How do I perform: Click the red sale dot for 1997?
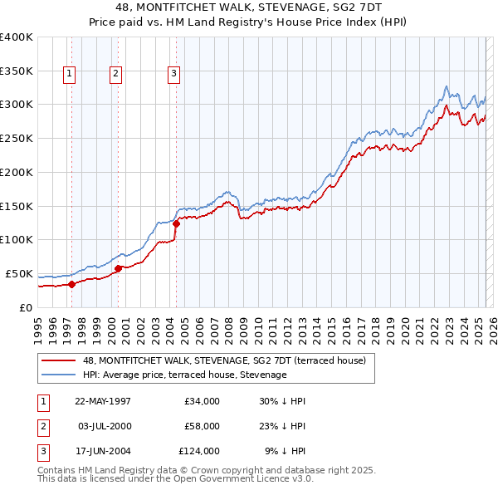72,284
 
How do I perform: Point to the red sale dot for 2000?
118,267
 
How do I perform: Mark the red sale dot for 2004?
176,223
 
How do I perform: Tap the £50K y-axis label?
20,273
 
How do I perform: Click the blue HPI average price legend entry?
184,375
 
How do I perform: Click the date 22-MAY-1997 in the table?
103,401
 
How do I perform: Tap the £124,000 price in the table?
199,451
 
